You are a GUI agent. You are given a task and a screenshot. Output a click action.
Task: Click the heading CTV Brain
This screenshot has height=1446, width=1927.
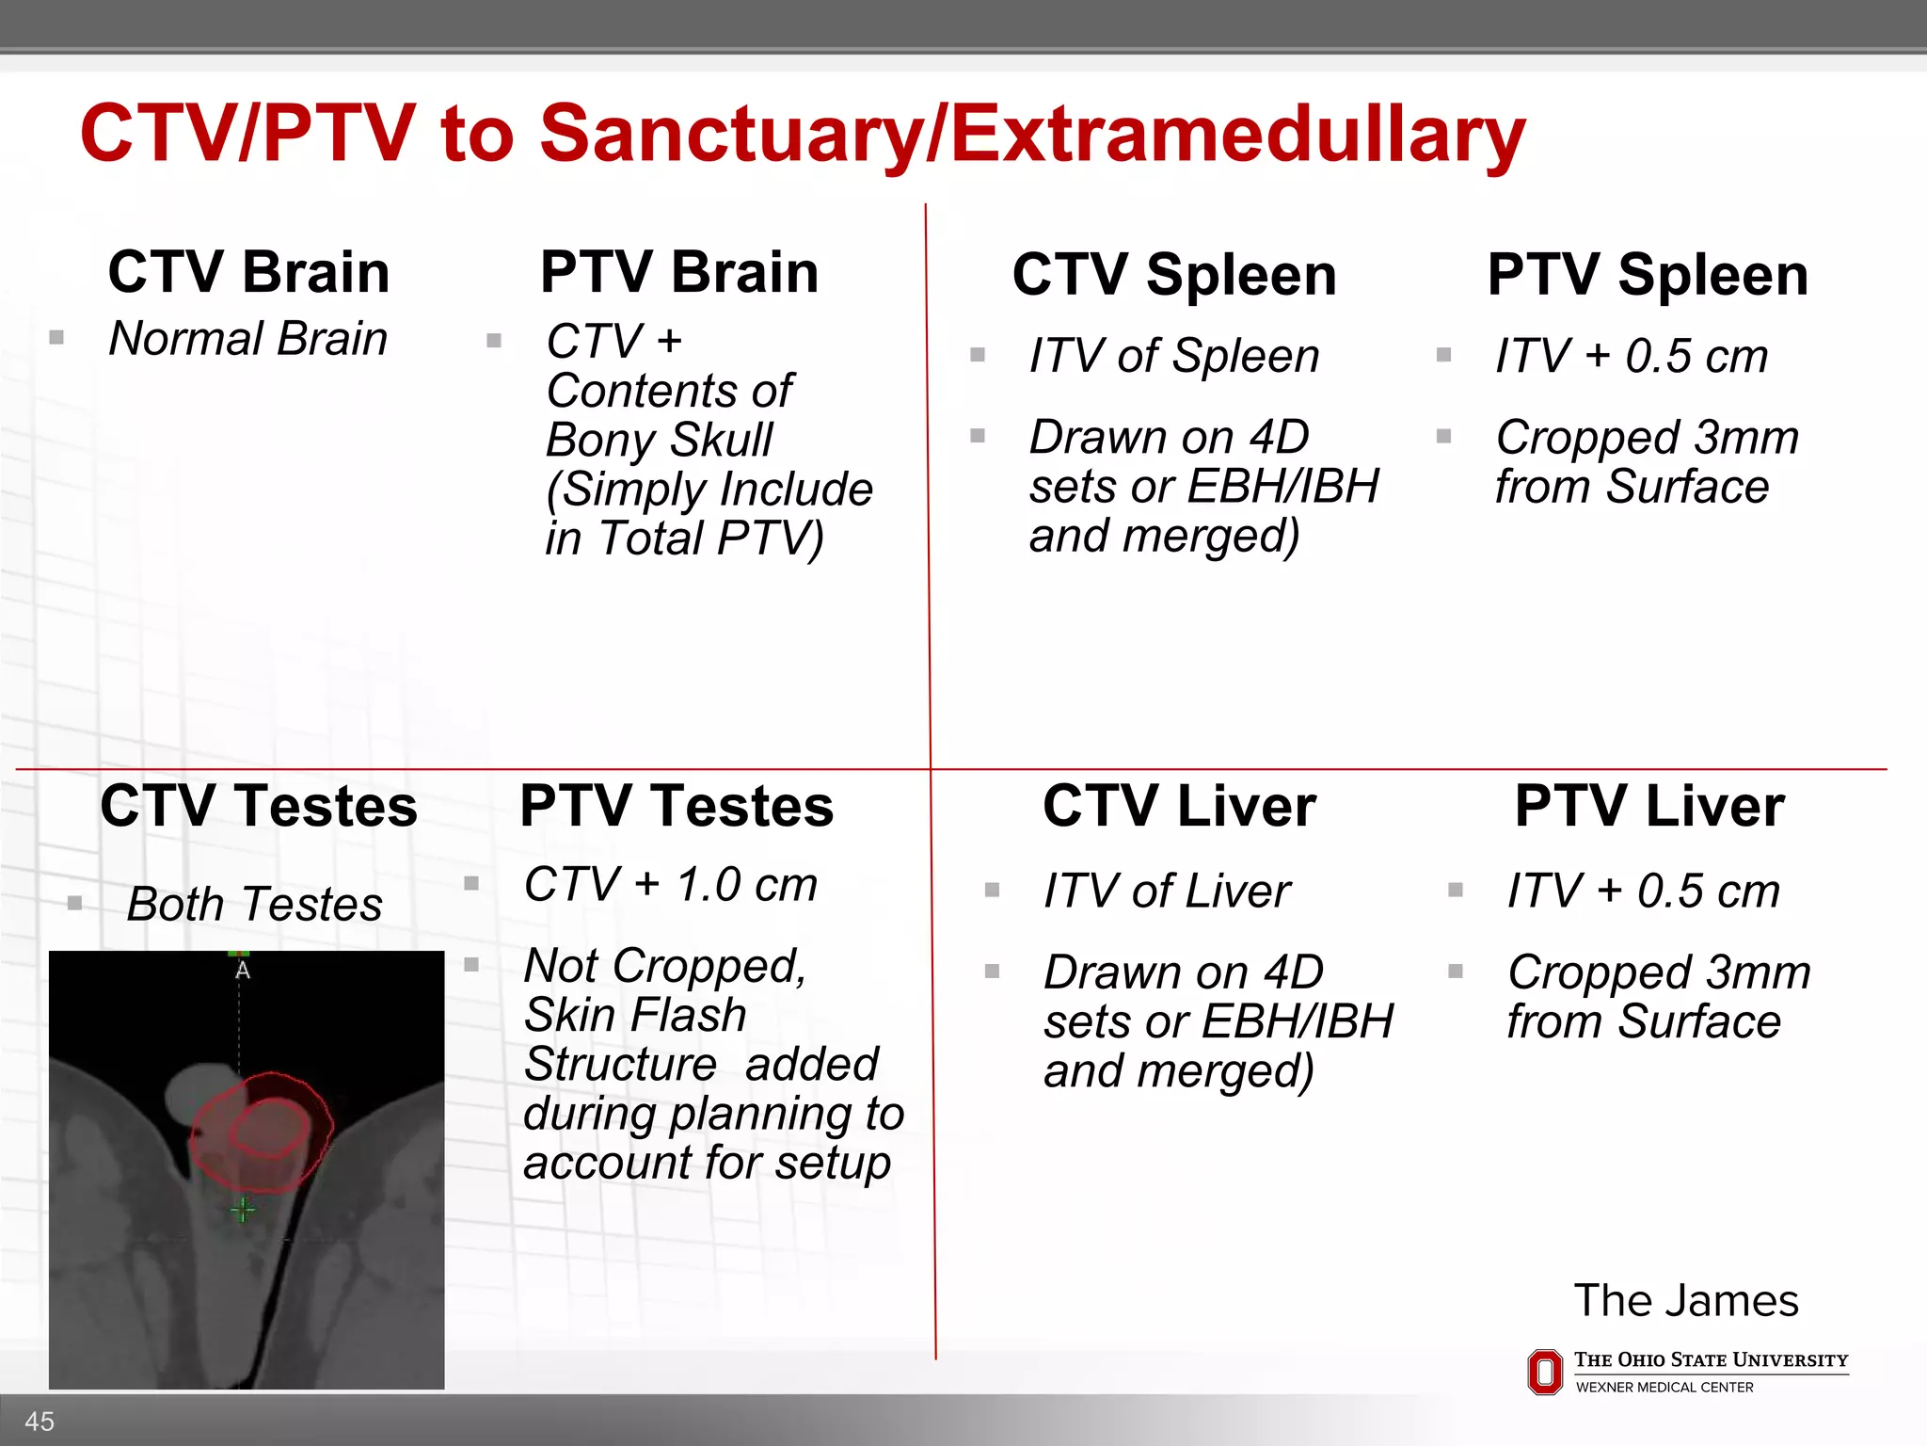248,272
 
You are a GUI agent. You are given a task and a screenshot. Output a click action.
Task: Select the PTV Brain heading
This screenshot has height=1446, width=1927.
678,272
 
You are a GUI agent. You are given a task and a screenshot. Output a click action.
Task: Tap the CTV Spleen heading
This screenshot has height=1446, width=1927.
1173,275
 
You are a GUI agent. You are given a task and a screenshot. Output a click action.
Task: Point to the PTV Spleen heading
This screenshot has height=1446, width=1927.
1647,275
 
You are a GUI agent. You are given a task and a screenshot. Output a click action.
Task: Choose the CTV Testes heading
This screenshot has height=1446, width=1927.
259,806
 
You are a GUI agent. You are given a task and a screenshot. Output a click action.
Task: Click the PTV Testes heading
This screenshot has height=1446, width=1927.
677,806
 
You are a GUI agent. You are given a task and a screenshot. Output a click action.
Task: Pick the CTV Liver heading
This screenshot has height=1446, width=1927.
1179,806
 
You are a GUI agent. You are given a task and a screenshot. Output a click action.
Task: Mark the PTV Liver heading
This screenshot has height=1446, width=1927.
1648,806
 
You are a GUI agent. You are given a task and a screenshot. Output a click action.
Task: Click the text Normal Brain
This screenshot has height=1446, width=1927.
248,338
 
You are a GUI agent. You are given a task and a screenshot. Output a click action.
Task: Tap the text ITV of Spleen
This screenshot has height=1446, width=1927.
1173,356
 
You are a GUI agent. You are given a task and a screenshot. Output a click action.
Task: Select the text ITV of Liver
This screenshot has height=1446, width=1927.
1167,891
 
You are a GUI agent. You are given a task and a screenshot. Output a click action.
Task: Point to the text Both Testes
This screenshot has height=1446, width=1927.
254,904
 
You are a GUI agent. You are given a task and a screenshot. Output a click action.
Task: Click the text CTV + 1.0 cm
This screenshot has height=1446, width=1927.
670,885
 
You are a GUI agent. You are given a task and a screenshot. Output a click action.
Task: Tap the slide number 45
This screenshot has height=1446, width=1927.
40,1422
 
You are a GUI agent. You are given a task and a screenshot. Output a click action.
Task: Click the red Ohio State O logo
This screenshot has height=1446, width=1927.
1544,1372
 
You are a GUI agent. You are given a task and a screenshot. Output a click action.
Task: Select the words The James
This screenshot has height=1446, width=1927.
1685,1301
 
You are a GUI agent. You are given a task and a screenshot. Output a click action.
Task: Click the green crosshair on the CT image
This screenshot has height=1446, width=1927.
243,1210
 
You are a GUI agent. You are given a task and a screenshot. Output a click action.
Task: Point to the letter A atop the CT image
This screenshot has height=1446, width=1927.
242,970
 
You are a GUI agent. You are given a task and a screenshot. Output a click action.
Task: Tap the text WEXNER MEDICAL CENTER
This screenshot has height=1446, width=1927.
1664,1388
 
